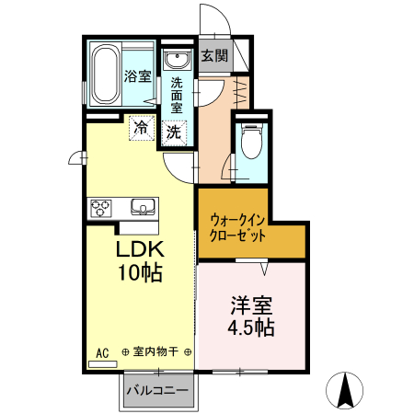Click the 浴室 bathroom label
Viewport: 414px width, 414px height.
138,76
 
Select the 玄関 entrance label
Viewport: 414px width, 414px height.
214,55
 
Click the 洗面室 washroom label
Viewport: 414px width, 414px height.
177,94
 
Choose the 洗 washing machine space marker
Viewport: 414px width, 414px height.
173,131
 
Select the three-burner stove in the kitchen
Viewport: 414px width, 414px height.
100,208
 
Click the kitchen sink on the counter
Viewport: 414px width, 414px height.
144,205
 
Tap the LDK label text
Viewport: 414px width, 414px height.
139,249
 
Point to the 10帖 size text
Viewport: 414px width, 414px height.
139,272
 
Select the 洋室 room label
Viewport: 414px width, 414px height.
251,303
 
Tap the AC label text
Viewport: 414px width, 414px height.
102,351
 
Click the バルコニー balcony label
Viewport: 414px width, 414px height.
157,390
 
